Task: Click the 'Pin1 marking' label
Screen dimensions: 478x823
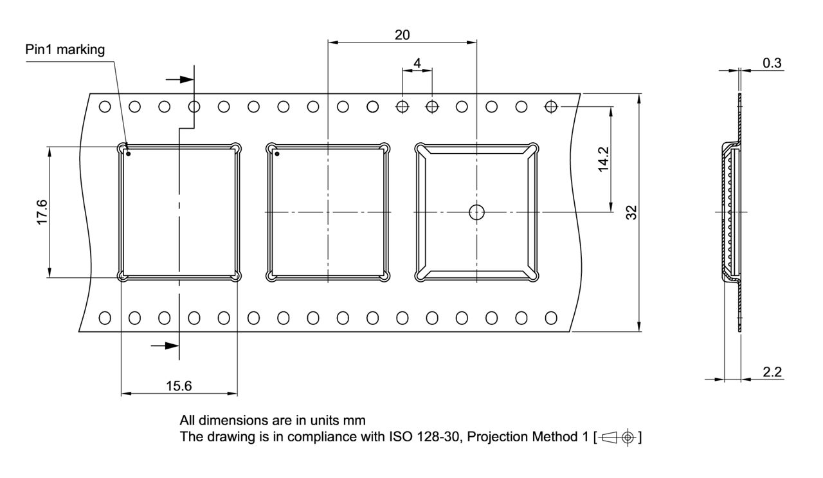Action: (x=66, y=50)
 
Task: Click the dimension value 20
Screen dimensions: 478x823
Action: (x=402, y=35)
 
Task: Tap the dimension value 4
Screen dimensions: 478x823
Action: (x=417, y=63)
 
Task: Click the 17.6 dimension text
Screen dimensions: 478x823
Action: (x=41, y=212)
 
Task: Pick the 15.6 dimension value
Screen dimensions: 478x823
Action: (x=179, y=386)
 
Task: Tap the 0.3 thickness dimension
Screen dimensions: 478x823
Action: (x=772, y=62)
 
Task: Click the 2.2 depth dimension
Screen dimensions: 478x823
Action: (x=772, y=371)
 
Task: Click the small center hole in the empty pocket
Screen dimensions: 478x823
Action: (x=476, y=212)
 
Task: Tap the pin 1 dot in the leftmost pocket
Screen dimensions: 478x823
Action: (x=129, y=153)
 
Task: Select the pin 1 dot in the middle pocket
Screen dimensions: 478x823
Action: (x=277, y=153)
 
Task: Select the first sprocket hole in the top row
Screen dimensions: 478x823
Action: (x=105, y=106)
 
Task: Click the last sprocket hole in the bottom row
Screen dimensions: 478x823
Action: (x=551, y=317)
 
